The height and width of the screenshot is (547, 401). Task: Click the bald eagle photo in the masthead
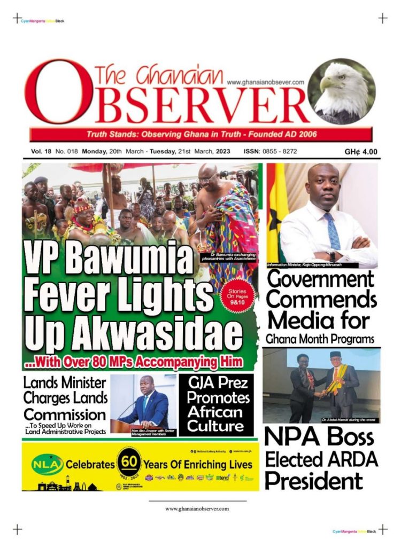click(342, 91)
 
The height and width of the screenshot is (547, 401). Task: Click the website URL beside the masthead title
click(265, 82)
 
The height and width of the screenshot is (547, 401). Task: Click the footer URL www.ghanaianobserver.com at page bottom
click(197, 509)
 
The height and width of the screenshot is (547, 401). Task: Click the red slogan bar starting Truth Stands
click(200, 134)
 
